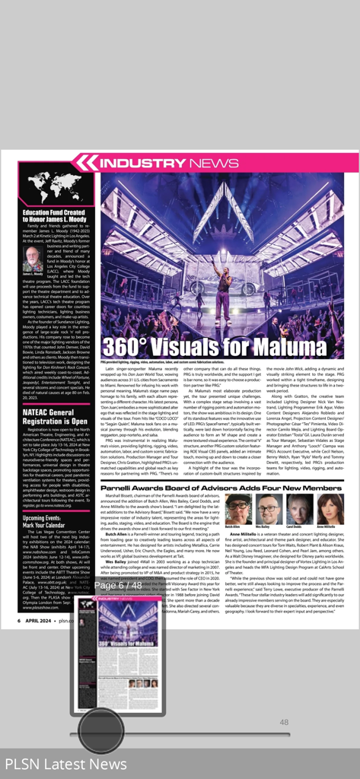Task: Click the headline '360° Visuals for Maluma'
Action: (202, 345)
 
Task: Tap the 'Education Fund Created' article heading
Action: (53, 216)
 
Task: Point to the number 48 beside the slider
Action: (284, 722)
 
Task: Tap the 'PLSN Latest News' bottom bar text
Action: (66, 763)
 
